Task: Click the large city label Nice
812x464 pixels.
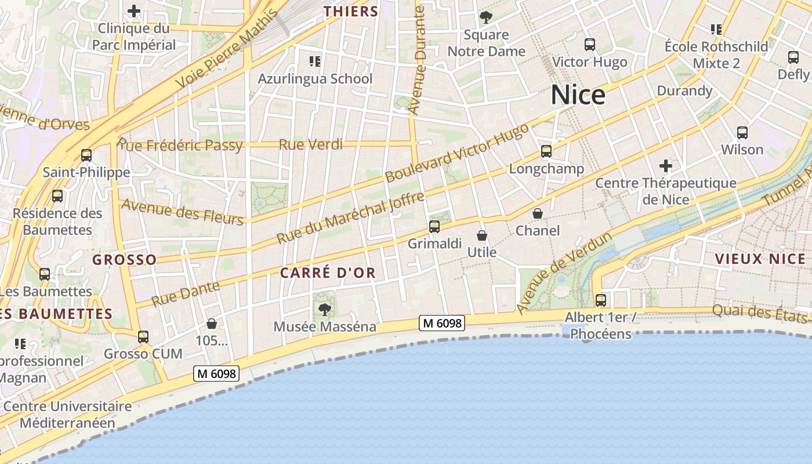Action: (x=578, y=95)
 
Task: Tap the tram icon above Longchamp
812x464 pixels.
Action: (x=546, y=151)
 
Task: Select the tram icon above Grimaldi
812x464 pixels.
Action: (x=434, y=227)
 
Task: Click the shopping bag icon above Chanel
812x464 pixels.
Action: (x=538, y=213)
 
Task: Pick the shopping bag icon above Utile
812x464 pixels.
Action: (x=481, y=235)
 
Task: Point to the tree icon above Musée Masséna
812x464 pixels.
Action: (x=324, y=309)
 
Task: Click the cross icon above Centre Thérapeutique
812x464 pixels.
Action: (x=665, y=166)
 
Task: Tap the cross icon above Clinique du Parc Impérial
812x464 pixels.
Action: (x=134, y=11)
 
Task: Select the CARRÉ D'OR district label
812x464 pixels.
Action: (x=328, y=273)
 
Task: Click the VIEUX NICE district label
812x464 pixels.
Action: (x=760, y=259)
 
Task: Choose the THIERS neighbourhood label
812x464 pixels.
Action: (x=350, y=11)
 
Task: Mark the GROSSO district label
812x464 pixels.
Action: (x=124, y=259)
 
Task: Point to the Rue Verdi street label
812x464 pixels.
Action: (x=311, y=144)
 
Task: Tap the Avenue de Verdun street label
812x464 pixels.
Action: (x=564, y=273)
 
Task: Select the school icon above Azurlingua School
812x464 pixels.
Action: (x=315, y=61)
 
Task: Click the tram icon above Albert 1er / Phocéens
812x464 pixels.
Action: (x=601, y=300)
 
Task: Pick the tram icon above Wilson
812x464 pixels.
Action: (x=742, y=132)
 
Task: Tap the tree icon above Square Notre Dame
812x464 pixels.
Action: (x=486, y=17)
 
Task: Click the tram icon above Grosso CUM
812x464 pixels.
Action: (x=143, y=336)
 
